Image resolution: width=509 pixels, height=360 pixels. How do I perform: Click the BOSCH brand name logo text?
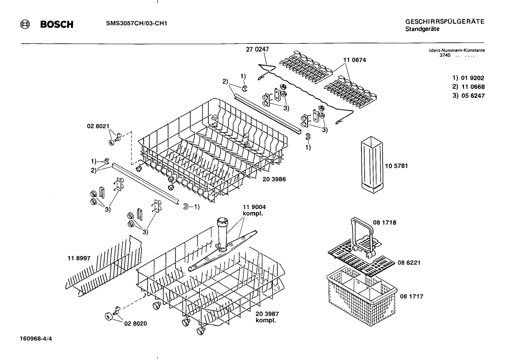coord(57,25)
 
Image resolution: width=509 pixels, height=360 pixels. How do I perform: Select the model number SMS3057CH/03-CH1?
coord(137,24)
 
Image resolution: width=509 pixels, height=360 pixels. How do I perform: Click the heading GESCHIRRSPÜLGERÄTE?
coord(444,22)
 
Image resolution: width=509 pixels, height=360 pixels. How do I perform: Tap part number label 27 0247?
coord(257,49)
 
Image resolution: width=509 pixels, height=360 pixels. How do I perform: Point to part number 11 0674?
coord(354,60)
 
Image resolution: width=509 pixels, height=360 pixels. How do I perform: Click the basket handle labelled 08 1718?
coord(362,233)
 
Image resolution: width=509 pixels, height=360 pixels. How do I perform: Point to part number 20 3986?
coord(274,179)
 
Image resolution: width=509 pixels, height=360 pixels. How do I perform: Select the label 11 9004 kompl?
coord(254,210)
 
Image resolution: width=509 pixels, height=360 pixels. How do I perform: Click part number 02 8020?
coord(136,323)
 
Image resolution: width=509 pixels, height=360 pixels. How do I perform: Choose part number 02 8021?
coord(98,126)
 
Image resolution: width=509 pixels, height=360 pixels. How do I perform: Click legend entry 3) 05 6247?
coord(468,96)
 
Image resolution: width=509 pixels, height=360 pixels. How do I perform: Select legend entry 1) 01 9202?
coord(468,78)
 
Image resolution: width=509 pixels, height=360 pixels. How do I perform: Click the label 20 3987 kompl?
coord(267,317)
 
